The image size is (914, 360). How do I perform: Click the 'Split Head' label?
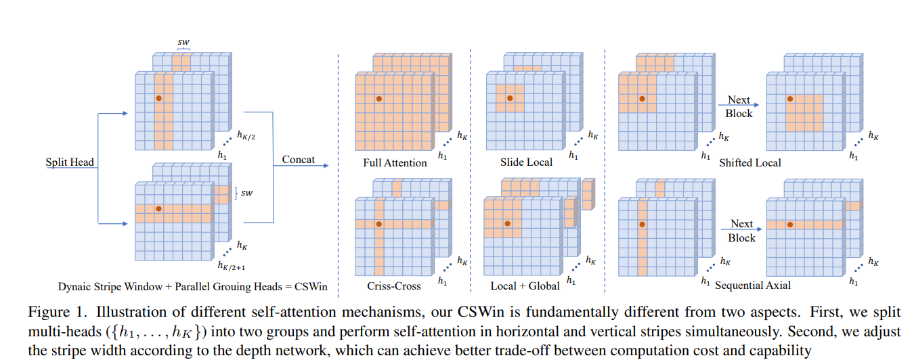[70, 162]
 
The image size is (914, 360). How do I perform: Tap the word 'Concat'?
[299, 160]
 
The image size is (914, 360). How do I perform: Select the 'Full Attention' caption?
[395, 163]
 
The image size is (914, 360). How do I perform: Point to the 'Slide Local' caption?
[526, 162]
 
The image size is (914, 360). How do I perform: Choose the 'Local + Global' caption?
[525, 286]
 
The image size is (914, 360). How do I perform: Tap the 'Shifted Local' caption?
[750, 162]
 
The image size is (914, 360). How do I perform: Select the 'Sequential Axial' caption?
[754, 286]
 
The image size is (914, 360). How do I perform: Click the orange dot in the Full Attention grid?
[379, 99]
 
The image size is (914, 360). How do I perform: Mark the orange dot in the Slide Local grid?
[510, 99]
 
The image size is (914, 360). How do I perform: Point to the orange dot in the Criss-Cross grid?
[379, 224]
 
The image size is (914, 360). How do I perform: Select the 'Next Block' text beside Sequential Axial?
[741, 231]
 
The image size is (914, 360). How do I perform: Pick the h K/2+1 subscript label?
[230, 265]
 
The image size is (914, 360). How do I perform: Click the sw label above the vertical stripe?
[183, 42]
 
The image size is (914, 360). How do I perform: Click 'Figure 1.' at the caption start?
[51, 312]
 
